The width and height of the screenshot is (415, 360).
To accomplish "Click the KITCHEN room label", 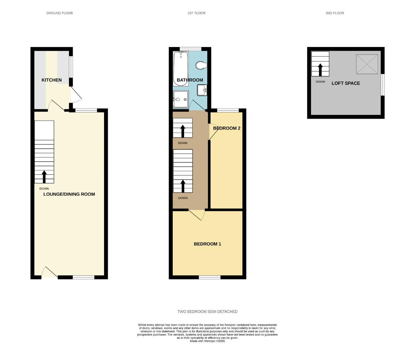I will pos(51,80).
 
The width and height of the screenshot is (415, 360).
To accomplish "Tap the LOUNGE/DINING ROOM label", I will pos(69,194).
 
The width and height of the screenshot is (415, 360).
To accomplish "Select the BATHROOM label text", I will pos(190,80).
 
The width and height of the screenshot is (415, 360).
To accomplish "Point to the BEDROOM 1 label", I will pos(207,244).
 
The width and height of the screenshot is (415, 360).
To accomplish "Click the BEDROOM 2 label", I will pos(227,128).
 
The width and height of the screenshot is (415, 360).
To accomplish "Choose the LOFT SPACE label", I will pos(346,83).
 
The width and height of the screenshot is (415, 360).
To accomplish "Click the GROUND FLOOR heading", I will pos(59,13).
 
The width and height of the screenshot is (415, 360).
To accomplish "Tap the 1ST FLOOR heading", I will pos(196,13).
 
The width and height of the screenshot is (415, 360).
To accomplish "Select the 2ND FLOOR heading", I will pos(335,13).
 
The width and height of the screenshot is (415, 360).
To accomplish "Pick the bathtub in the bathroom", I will pos(181,68).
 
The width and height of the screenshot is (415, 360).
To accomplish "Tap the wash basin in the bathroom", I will pos(202,90).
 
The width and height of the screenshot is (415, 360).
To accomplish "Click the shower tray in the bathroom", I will pos(180,99).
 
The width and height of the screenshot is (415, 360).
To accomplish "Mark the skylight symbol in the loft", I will pos(367,64).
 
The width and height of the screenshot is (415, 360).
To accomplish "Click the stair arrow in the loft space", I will pos(320,70).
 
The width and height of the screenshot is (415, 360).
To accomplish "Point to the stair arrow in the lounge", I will pos(44,177).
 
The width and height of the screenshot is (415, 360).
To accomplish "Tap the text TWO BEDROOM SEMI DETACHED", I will pos(207,312).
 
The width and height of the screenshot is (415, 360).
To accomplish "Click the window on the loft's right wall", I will pos(383,85).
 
